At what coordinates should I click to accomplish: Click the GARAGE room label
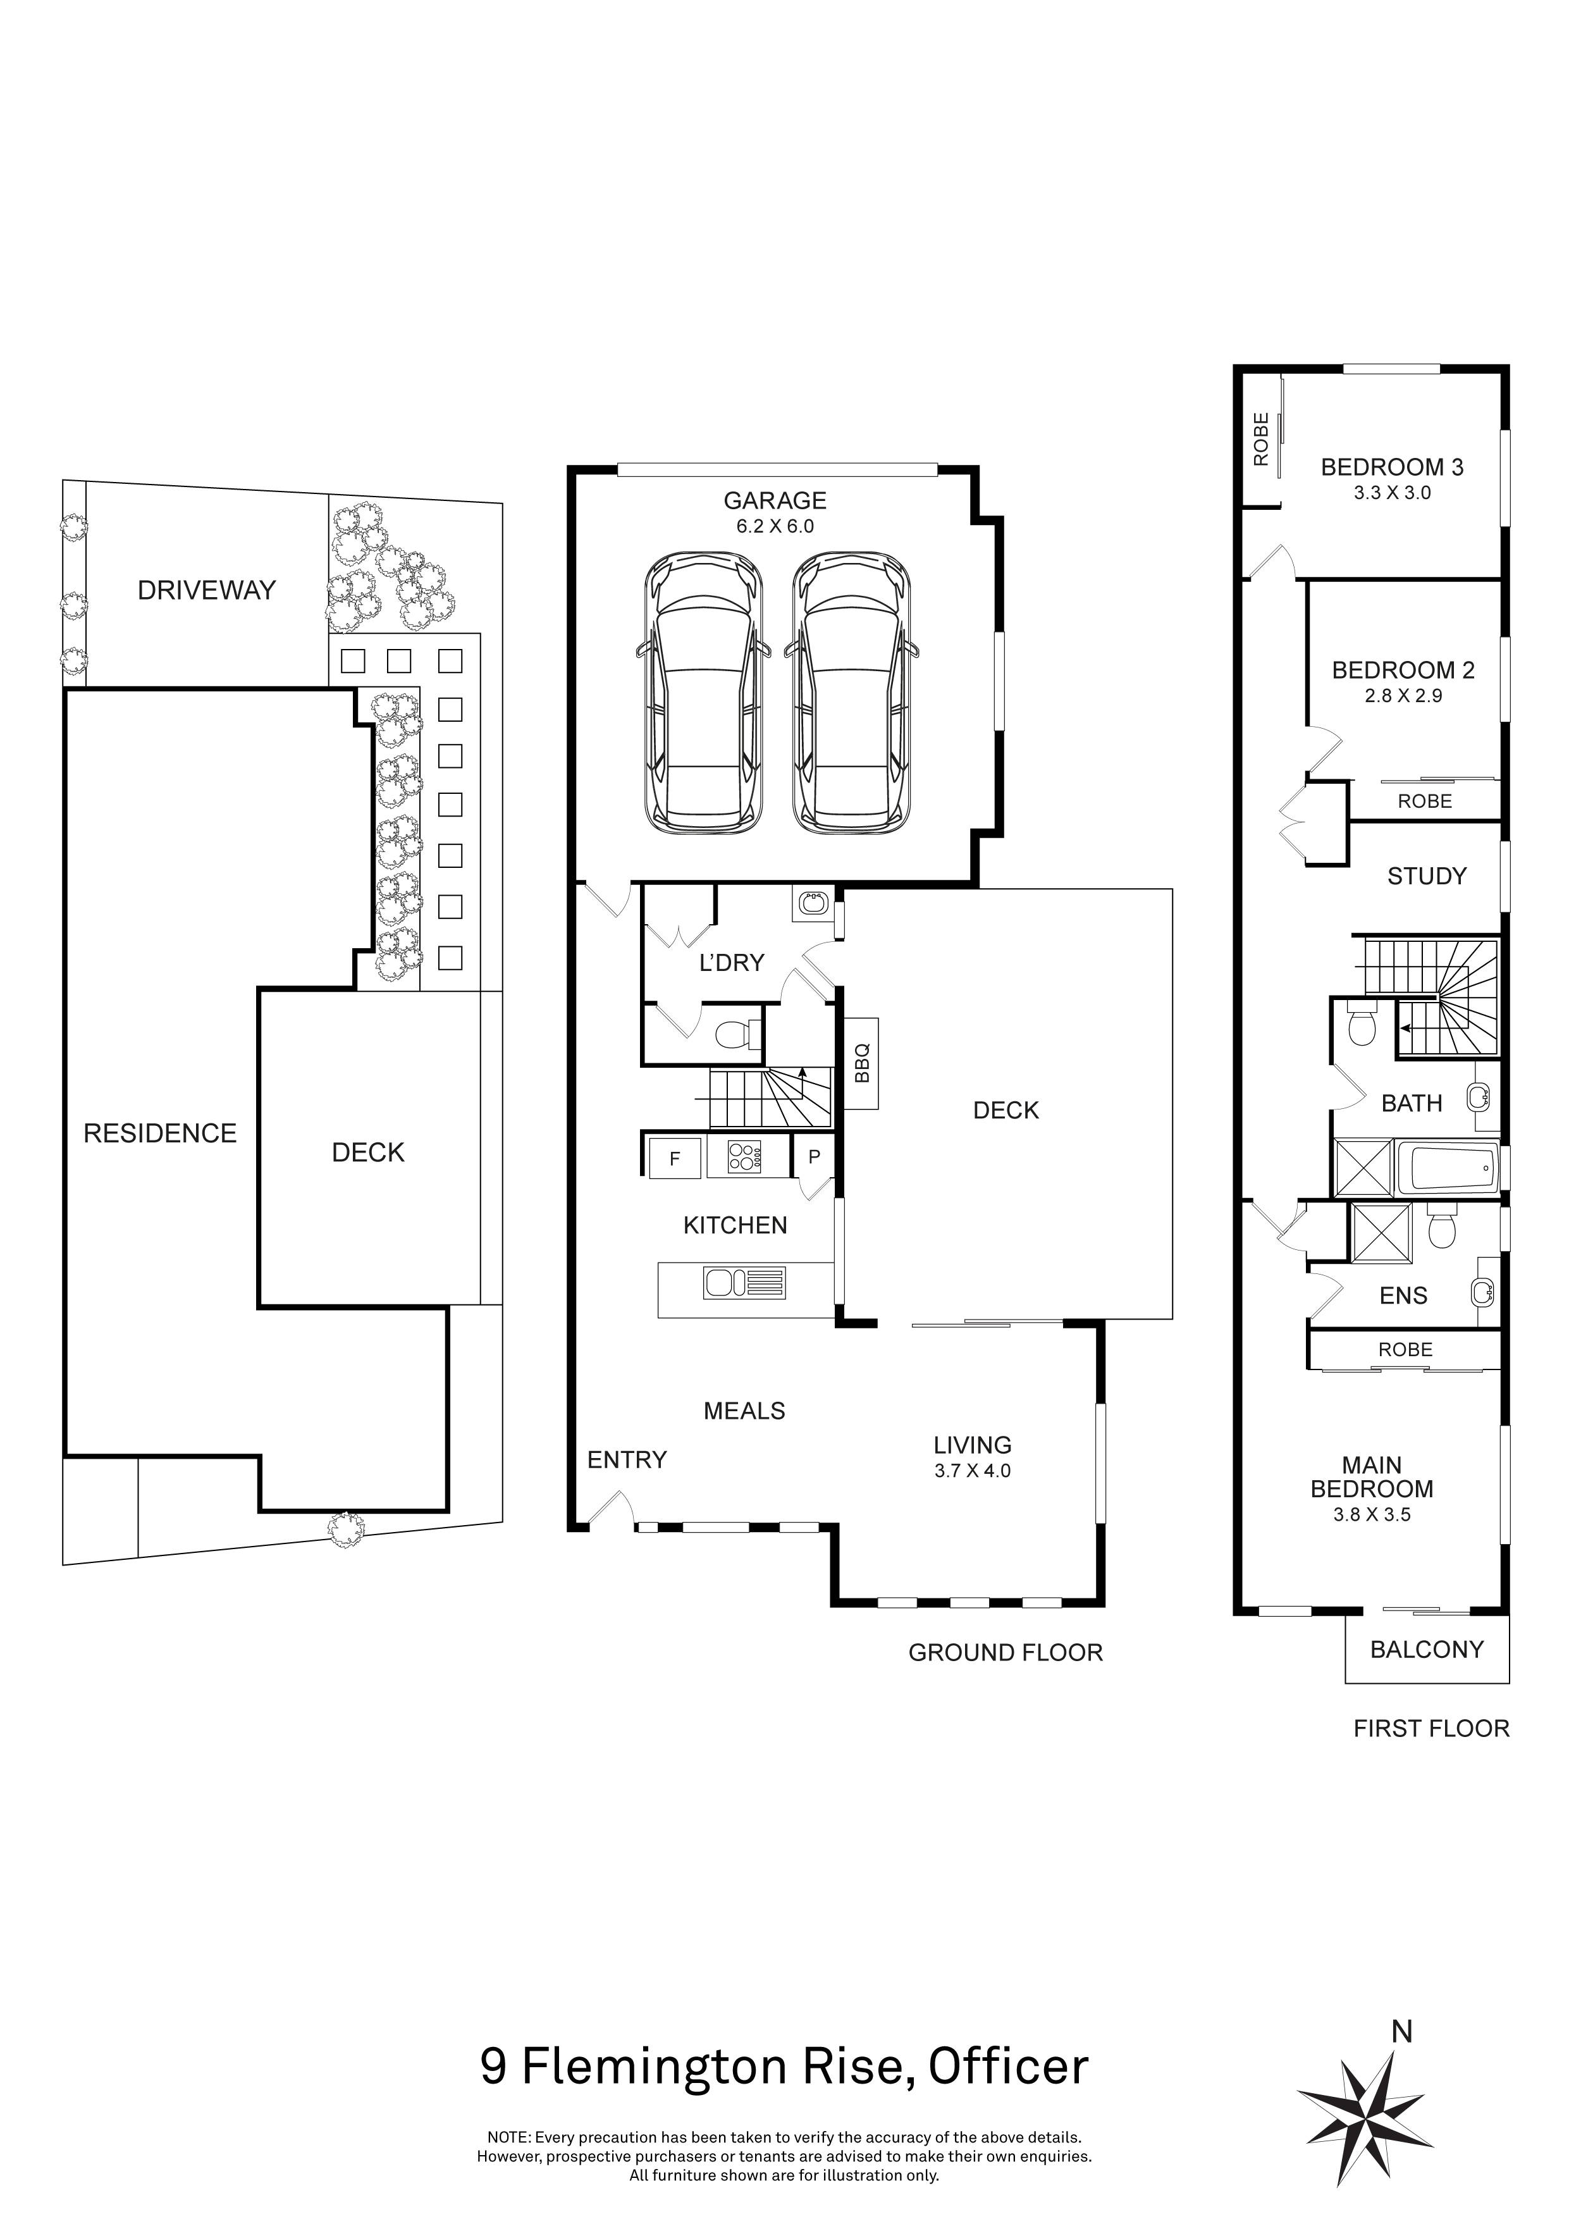[x=775, y=500]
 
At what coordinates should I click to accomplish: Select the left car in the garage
[x=703, y=693]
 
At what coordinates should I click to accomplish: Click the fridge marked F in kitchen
[x=674, y=1158]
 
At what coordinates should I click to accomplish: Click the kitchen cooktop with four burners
[x=744, y=1157]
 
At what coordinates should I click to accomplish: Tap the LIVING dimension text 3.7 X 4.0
[x=972, y=1471]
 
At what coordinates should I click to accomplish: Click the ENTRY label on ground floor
[x=627, y=1459]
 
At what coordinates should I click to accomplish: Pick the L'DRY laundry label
[x=731, y=963]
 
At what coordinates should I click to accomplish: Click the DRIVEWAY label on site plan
[x=207, y=591]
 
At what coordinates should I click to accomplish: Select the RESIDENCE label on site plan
[x=161, y=1134]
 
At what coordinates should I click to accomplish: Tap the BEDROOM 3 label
[x=1391, y=467]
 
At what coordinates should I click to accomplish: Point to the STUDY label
[x=1426, y=877]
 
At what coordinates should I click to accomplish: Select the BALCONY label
[x=1426, y=1649]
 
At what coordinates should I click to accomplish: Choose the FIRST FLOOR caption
[x=1431, y=1728]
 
